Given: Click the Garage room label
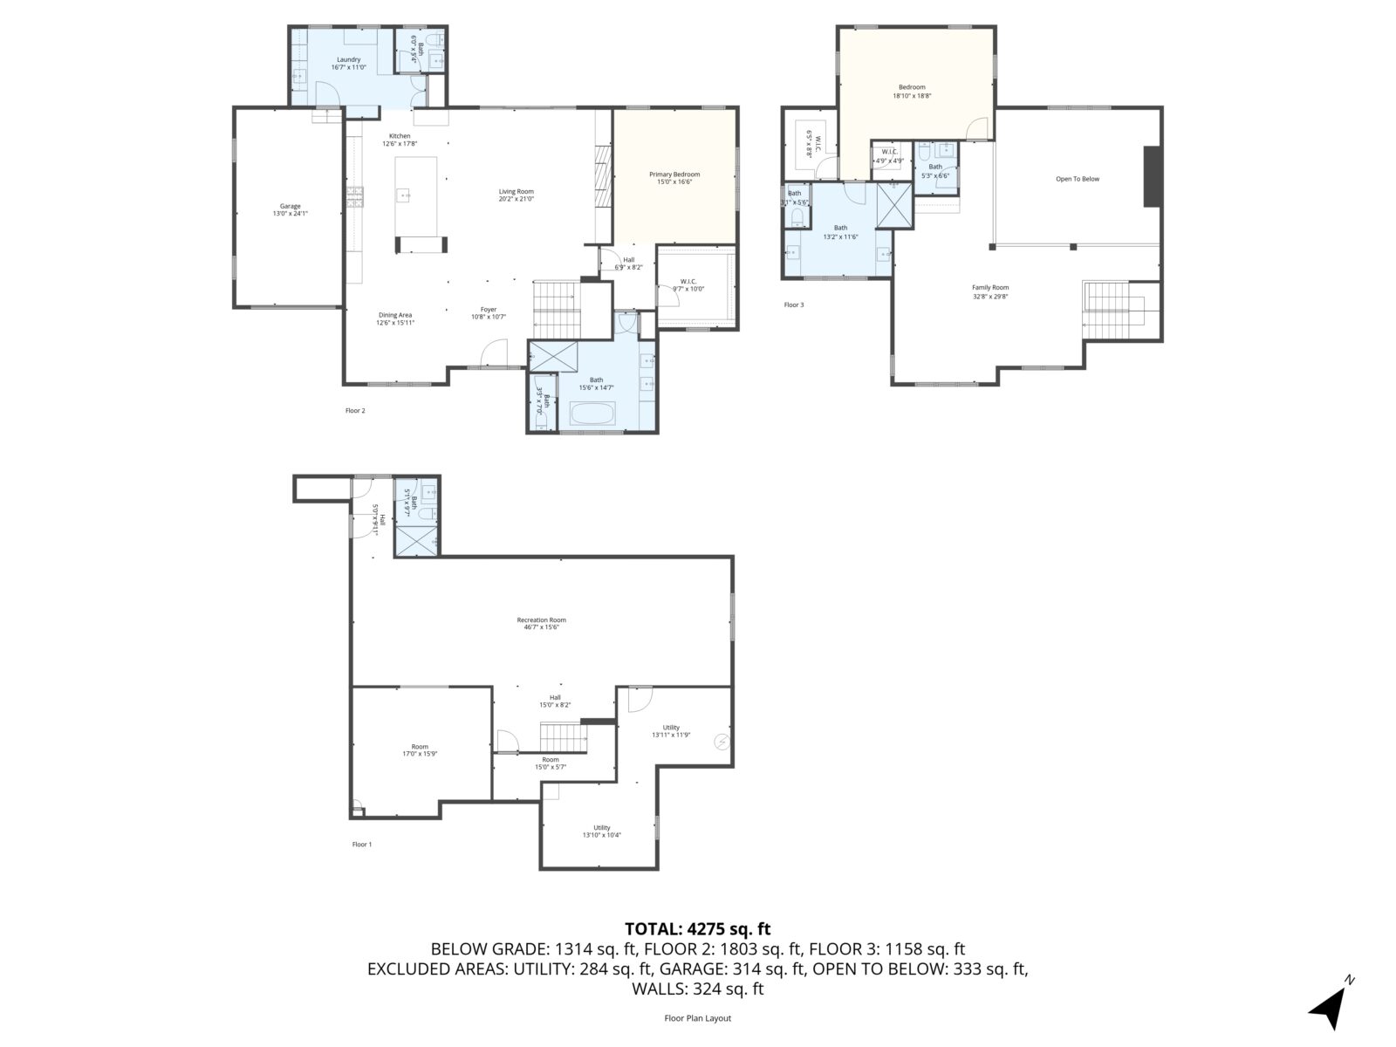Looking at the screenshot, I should (x=290, y=207).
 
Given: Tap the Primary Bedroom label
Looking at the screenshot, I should (x=674, y=174).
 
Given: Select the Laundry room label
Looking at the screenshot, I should (x=348, y=60).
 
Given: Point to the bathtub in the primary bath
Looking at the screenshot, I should (x=592, y=414).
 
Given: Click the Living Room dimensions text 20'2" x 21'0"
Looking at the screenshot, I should (x=516, y=199).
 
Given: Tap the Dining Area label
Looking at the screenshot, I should (x=395, y=315).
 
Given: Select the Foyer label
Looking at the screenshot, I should (x=488, y=309).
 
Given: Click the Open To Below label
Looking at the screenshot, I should (x=1078, y=179).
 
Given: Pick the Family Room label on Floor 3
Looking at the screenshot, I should (x=990, y=287).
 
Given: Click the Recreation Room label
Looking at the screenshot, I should (x=541, y=620).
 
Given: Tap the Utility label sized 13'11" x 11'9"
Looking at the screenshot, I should (x=671, y=727).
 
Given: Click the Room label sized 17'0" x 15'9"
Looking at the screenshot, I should (x=420, y=747).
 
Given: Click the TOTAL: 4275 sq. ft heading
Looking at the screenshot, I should (x=697, y=928).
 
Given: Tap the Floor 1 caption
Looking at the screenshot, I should (x=361, y=845).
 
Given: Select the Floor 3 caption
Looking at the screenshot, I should (x=793, y=305).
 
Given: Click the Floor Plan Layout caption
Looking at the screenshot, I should (x=697, y=1018).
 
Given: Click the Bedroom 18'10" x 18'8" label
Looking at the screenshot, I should (x=912, y=87).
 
